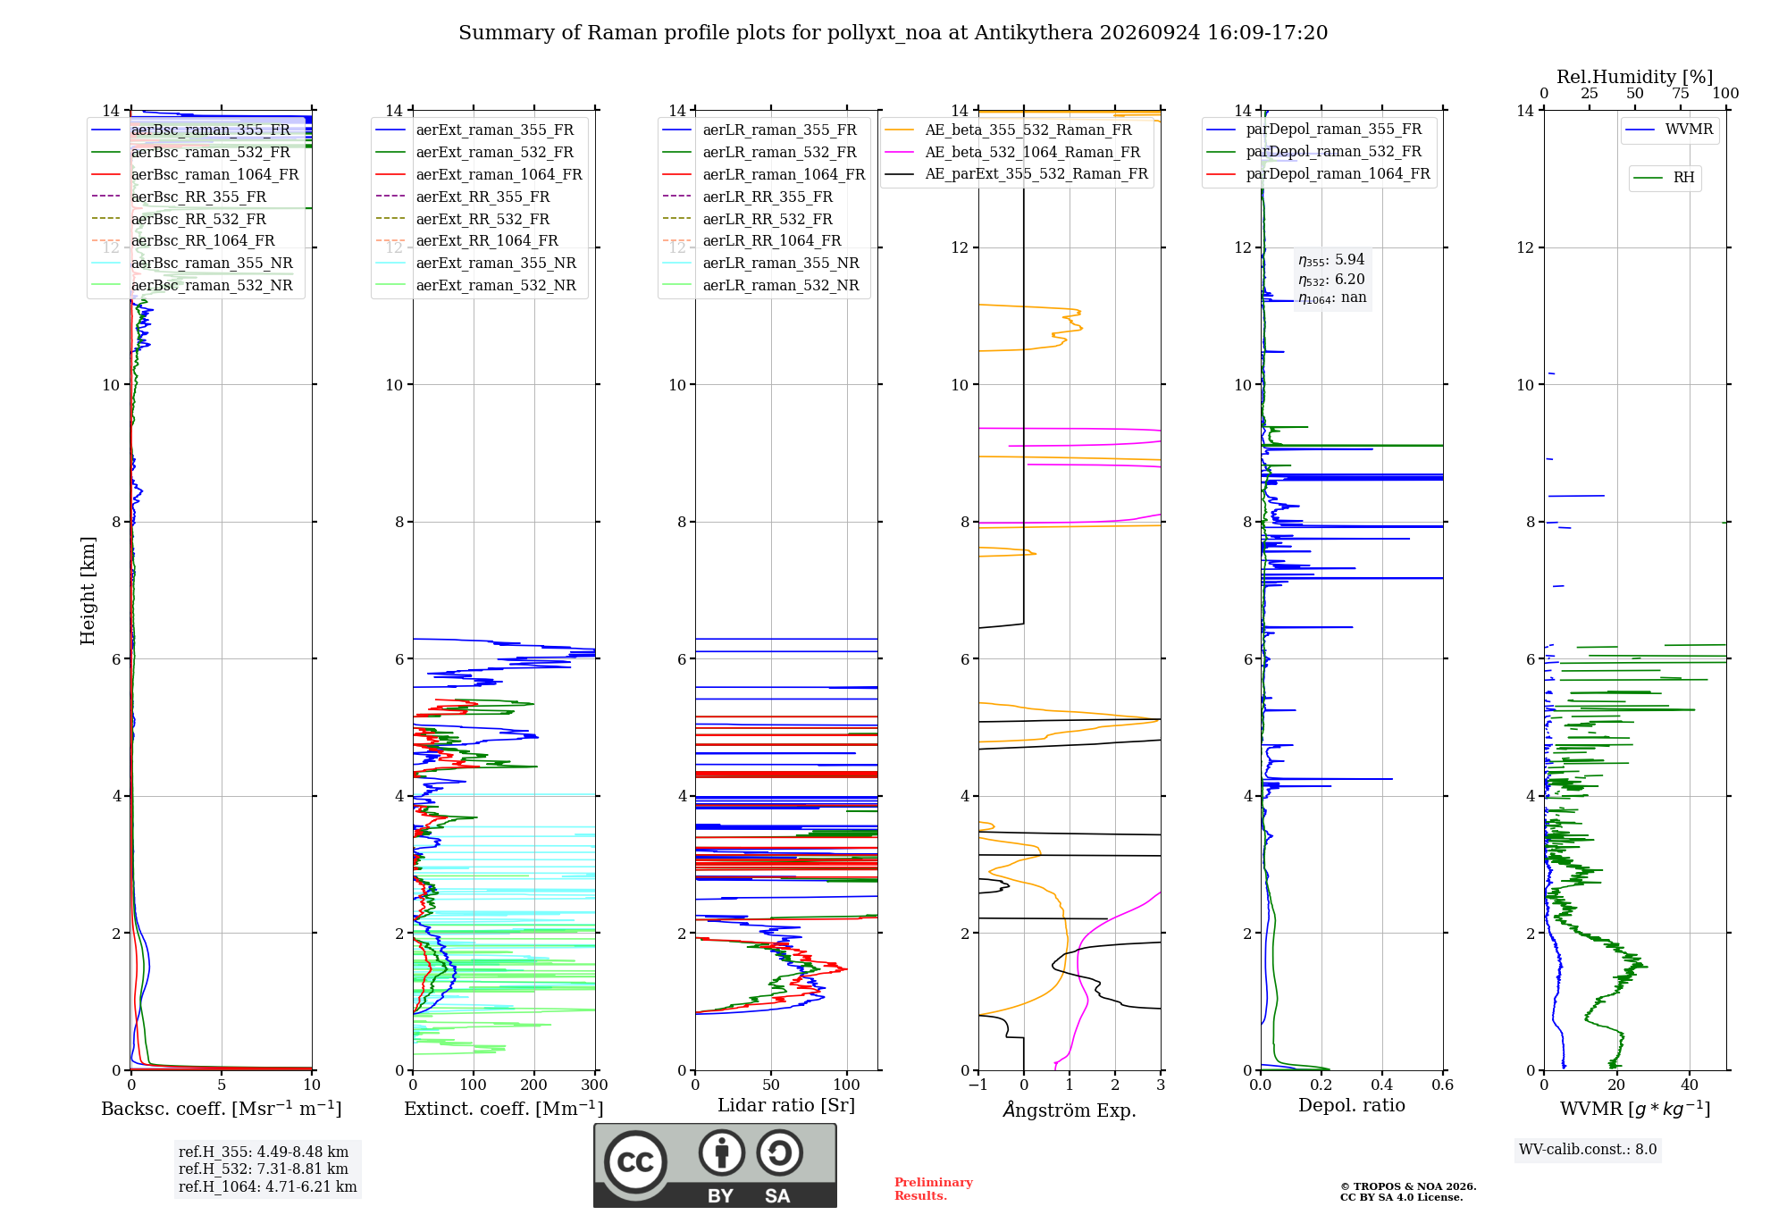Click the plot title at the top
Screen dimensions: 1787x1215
point(893,33)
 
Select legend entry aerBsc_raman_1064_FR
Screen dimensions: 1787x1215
point(196,174)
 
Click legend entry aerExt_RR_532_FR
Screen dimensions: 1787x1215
point(463,219)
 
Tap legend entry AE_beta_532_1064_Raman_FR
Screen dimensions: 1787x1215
point(1013,152)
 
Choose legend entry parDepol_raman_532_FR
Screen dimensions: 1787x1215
point(1314,152)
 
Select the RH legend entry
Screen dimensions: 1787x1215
point(1665,178)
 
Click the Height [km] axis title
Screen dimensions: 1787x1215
point(88,591)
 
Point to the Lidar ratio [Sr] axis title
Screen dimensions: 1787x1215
point(786,1105)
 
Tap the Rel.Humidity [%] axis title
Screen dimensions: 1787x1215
point(1635,77)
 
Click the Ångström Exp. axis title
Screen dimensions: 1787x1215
point(1070,1110)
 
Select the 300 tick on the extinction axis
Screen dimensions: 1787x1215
point(595,1085)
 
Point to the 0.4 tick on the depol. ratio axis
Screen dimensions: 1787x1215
point(1382,1085)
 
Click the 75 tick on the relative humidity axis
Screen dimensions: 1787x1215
point(1681,94)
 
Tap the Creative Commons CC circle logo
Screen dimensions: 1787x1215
point(635,1162)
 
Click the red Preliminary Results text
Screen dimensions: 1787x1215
point(934,1189)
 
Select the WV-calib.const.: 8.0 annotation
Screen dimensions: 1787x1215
point(1588,1150)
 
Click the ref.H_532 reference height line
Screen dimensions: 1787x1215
point(264,1169)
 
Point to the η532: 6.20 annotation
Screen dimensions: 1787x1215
point(1331,280)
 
